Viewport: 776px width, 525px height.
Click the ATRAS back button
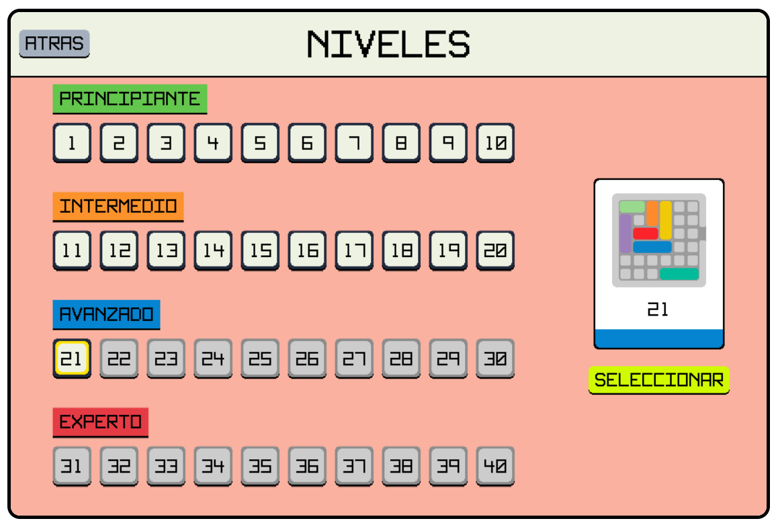(x=54, y=44)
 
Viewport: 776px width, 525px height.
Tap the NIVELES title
(x=388, y=44)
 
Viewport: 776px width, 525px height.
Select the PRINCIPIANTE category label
(x=130, y=99)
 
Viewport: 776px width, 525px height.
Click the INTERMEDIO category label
(x=118, y=206)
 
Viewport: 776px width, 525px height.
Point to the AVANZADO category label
(x=106, y=314)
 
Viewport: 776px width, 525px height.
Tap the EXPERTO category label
(x=101, y=422)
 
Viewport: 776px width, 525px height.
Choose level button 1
(x=72, y=142)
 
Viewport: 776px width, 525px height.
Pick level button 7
(x=354, y=142)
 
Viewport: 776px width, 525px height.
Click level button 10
(x=495, y=142)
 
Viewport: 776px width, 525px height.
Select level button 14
(x=213, y=250)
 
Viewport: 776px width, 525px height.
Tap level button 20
(x=495, y=250)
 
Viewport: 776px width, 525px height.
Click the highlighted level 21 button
(x=72, y=359)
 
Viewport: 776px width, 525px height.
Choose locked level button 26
(x=307, y=359)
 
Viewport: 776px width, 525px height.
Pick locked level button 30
(x=495, y=359)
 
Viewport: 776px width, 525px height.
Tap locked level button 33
(x=166, y=466)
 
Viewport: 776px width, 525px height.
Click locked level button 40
(x=495, y=466)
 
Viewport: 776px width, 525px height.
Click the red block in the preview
(x=646, y=234)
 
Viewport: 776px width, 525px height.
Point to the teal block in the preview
(x=679, y=274)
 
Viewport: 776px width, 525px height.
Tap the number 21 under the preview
(x=658, y=309)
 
